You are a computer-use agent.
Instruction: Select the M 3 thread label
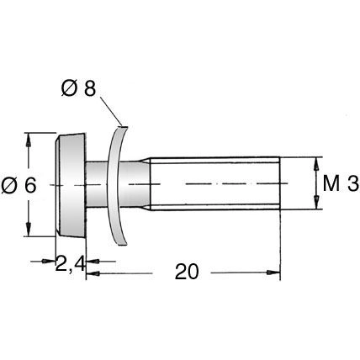click(340, 183)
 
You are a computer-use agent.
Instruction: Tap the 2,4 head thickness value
click(69, 265)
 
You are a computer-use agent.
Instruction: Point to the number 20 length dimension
click(188, 272)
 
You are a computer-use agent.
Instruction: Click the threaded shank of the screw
click(214, 183)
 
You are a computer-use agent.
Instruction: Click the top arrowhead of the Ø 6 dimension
click(30, 136)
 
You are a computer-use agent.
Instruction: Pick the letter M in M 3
click(331, 183)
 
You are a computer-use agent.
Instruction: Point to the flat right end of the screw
click(279, 183)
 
